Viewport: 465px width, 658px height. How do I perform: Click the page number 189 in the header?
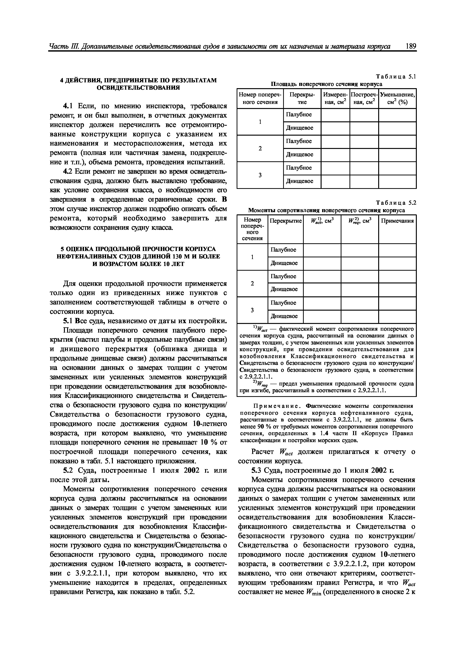tap(411, 47)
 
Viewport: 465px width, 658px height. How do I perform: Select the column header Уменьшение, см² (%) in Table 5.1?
tap(397, 98)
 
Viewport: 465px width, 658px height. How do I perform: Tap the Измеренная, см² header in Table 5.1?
tap(335, 98)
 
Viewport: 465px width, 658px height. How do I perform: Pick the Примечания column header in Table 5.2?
tap(397, 221)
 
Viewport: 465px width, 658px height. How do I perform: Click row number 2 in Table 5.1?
tap(260, 148)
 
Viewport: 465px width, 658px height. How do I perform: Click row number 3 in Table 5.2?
tap(252, 310)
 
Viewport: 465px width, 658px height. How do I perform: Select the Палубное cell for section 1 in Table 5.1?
tap(299, 115)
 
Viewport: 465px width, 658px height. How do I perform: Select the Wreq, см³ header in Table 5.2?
tap(360, 221)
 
